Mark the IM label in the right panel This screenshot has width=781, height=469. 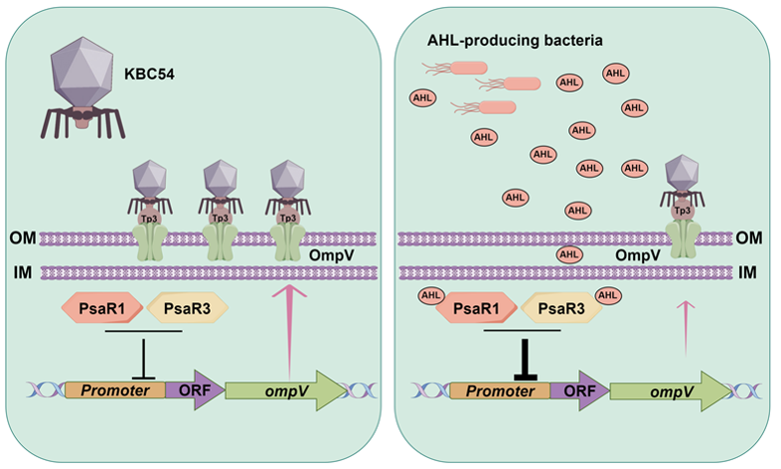[x=762, y=269]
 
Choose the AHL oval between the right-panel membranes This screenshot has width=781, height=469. [x=569, y=254]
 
